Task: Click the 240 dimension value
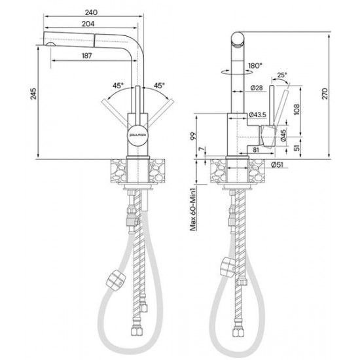click(x=91, y=12)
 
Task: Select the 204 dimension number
click(x=88, y=24)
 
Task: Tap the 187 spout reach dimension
click(x=86, y=56)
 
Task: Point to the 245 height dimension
click(x=33, y=93)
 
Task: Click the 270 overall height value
click(x=325, y=93)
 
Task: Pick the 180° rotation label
click(x=255, y=65)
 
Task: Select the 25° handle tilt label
click(x=282, y=75)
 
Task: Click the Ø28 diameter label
click(x=257, y=88)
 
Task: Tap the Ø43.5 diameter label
click(x=257, y=115)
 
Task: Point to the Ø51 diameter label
click(x=277, y=164)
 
